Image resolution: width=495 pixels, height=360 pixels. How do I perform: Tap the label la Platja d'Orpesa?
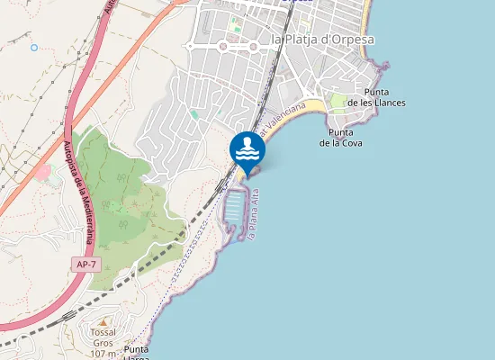[321, 40]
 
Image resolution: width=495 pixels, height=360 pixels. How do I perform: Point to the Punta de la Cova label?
[341, 138]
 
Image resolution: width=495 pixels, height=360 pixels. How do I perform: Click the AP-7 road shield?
[84, 265]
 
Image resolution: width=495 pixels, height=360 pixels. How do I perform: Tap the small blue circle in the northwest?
[34, 48]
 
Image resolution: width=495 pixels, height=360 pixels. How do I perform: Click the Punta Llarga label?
[137, 352]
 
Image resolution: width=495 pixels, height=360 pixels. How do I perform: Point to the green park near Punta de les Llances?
[338, 101]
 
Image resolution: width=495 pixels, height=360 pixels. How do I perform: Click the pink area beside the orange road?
[42, 171]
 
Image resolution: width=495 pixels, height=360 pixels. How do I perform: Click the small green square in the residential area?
[194, 115]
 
